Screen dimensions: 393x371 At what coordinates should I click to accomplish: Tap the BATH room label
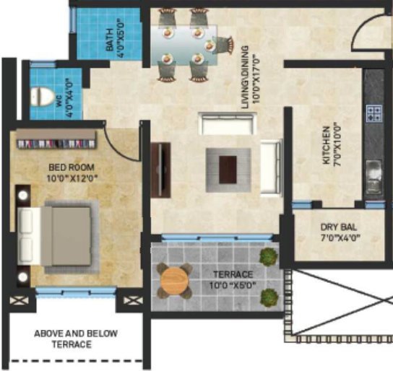110,40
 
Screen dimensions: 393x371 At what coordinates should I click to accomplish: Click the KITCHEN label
327,145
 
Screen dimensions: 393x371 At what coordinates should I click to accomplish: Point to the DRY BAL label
339,227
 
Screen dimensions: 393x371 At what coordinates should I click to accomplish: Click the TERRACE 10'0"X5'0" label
233,280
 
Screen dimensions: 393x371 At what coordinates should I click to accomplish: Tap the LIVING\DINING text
245,77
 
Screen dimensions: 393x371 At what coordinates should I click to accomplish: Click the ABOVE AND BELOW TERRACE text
76,339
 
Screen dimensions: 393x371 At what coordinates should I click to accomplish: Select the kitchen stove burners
374,113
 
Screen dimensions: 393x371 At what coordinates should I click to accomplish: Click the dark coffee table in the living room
228,170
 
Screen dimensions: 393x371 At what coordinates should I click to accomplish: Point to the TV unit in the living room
160,170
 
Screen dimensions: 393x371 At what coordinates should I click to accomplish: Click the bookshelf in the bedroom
56,140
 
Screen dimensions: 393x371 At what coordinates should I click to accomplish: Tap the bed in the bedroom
59,237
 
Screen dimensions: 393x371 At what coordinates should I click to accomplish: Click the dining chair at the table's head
223,45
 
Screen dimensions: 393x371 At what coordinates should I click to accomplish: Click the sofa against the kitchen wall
270,167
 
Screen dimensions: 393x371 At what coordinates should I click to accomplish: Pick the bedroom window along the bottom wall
76,292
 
